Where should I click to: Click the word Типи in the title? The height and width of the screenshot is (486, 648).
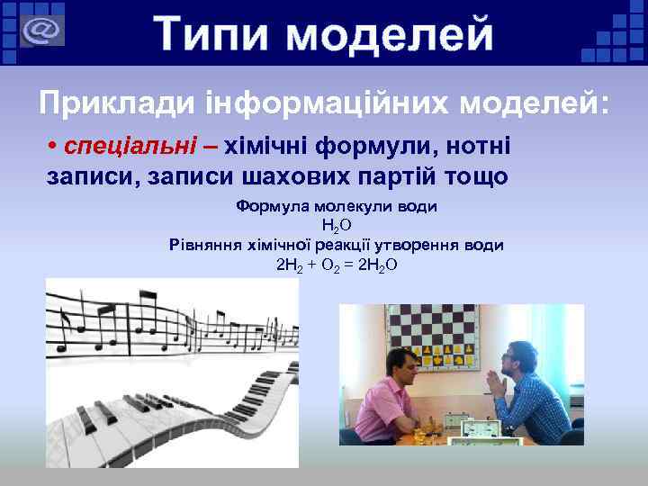tap(213, 35)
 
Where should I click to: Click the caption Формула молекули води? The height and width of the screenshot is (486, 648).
tap(336, 206)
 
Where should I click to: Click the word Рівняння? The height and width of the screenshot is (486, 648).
tap(206, 245)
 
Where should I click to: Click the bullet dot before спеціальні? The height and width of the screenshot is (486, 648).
tap(53, 146)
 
